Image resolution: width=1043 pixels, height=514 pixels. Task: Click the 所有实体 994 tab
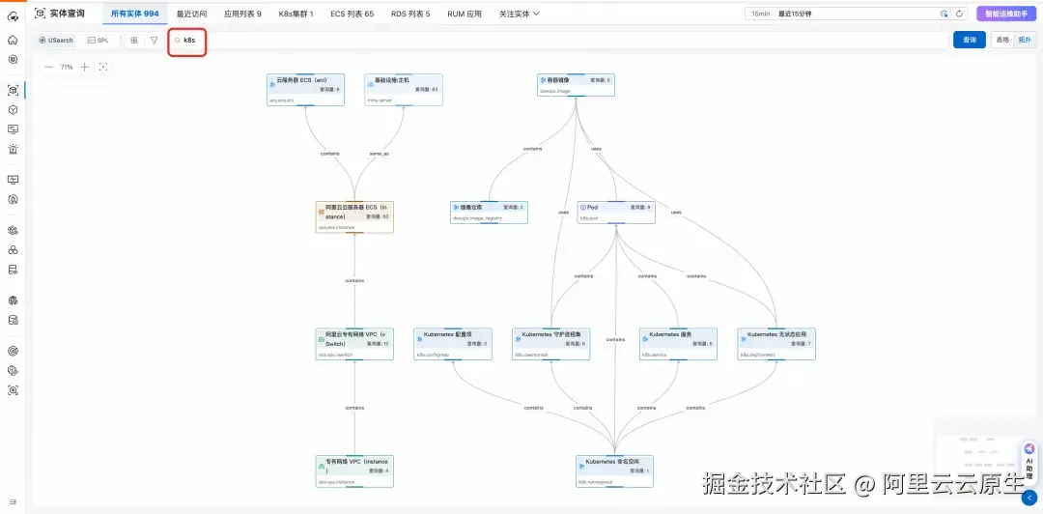(134, 14)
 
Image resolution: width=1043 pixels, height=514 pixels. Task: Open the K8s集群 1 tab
(296, 14)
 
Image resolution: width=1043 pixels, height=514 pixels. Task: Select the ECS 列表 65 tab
(352, 14)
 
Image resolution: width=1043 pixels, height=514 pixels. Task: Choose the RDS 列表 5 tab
(412, 14)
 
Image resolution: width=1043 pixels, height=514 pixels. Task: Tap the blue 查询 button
(969, 40)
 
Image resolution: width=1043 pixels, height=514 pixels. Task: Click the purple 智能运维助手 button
(1006, 14)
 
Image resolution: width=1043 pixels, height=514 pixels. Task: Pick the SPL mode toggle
(98, 41)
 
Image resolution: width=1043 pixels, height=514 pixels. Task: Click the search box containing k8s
(560, 41)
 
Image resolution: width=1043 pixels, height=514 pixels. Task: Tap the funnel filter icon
(154, 41)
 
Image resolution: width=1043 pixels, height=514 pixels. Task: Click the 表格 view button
(1002, 41)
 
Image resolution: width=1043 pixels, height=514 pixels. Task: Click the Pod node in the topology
(615, 213)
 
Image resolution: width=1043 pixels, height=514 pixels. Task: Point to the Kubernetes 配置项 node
(452, 343)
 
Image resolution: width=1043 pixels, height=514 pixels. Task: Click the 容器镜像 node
(576, 85)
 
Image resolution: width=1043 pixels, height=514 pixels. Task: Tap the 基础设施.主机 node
(404, 89)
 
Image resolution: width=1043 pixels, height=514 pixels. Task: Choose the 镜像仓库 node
(489, 213)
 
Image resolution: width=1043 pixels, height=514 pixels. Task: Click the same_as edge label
(380, 153)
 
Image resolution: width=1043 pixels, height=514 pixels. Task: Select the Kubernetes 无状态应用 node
(775, 343)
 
